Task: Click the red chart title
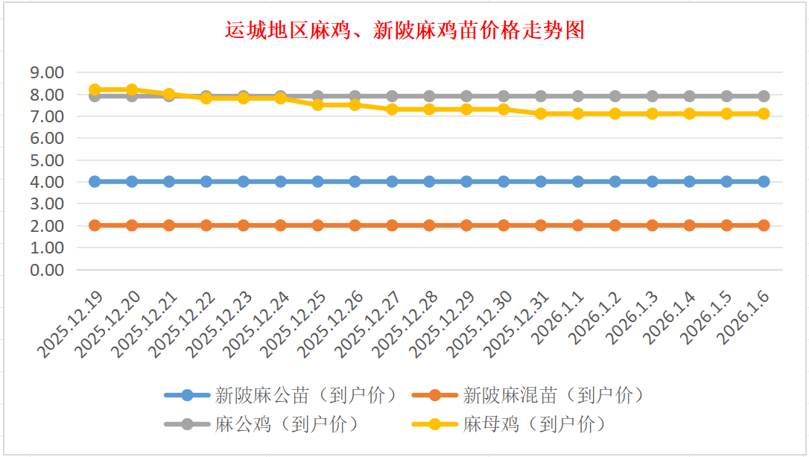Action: point(404,31)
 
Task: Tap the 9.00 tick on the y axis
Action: point(46,73)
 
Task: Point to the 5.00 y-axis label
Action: point(46,160)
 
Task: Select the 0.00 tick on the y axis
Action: point(46,269)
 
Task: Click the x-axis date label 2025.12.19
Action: point(70,324)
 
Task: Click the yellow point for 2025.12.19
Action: point(95,89)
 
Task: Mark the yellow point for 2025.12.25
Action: point(318,105)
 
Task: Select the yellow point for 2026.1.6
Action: point(764,113)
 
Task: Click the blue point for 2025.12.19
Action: point(95,181)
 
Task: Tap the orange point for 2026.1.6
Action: point(764,225)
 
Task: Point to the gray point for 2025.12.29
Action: point(466,96)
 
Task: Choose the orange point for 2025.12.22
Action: point(206,225)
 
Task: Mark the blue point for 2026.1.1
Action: point(578,181)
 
